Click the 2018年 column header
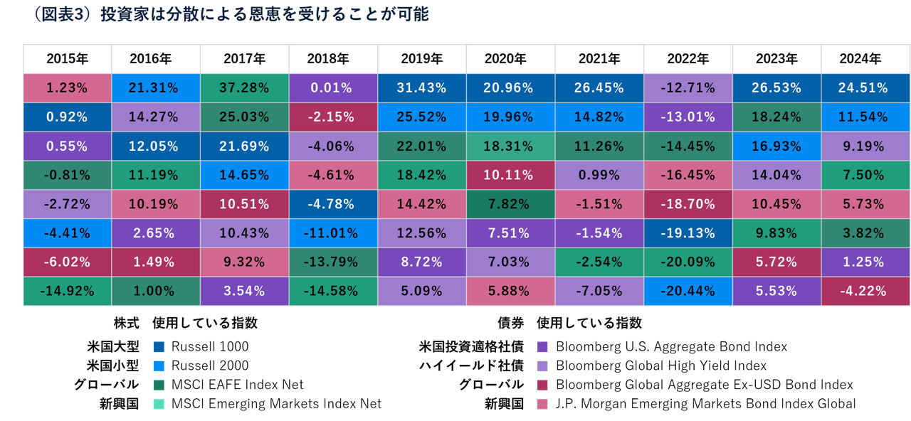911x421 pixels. (333, 59)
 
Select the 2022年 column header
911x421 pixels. (688, 59)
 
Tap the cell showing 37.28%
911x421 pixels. (244, 88)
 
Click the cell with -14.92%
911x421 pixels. (67, 291)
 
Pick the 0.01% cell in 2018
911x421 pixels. (333, 88)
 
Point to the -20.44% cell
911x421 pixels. (688, 291)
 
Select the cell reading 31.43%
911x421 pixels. (422, 88)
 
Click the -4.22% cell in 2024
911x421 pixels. (865, 291)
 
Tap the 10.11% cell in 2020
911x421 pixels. (510, 175)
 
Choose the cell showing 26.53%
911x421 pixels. (776, 88)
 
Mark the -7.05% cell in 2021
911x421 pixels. (599, 291)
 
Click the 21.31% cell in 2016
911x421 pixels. (156, 88)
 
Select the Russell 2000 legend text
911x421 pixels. (211, 366)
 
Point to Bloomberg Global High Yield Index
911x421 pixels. (661, 366)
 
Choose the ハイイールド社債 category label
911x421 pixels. (472, 366)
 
